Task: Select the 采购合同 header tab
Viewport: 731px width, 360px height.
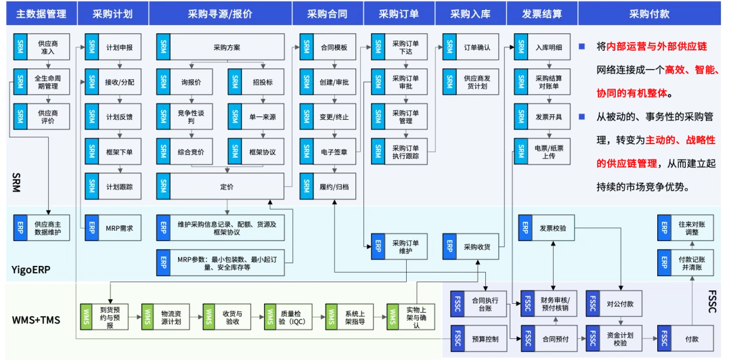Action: [x=327, y=14]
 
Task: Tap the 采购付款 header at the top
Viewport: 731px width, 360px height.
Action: [x=649, y=14]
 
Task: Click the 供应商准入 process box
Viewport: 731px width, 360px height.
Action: [x=41, y=47]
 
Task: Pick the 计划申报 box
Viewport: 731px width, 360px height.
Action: [x=112, y=48]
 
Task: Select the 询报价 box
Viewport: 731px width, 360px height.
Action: [x=183, y=83]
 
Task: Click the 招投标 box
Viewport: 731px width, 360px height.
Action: [x=255, y=83]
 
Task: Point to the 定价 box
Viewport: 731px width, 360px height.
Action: [x=220, y=186]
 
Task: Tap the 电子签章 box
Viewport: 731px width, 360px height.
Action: [x=327, y=152]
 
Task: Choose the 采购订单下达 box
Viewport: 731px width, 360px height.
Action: [x=398, y=47]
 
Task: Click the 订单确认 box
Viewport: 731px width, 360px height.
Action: [x=470, y=47]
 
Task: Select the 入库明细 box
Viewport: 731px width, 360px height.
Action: [x=541, y=47]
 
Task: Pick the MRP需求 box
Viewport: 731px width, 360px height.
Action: [x=112, y=228]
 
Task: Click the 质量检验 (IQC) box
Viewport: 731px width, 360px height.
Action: [x=284, y=317]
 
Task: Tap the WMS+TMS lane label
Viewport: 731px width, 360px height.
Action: [x=37, y=319]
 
